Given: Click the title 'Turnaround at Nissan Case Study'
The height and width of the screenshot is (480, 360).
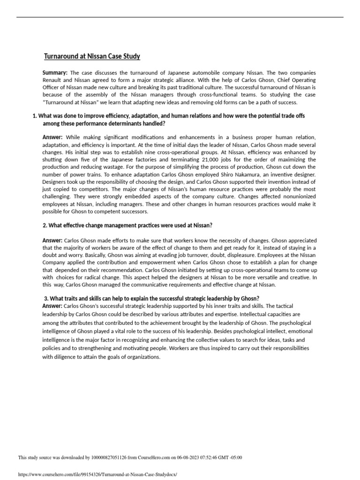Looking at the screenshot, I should coord(92,57).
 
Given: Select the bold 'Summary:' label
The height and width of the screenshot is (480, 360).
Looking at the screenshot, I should coord(55,73).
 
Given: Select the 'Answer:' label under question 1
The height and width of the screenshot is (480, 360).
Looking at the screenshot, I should coord(52,137).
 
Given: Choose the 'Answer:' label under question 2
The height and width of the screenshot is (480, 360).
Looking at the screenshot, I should coord(52,240).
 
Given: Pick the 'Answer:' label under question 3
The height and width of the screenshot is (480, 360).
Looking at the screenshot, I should coord(52,306).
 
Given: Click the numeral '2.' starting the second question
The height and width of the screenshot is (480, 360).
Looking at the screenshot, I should coord(45,225).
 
